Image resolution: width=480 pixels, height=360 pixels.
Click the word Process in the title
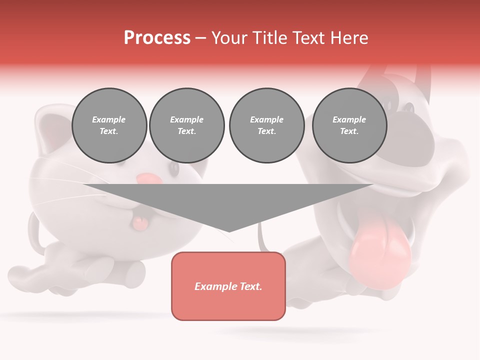(x=157, y=38)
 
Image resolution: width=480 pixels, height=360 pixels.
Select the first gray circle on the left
(x=109, y=125)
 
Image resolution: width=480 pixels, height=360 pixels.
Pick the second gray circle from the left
(x=187, y=125)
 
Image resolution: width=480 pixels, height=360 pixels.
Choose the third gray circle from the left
(x=266, y=125)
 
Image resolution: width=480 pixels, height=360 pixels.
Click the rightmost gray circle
(x=349, y=125)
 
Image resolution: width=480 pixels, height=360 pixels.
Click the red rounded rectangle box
(x=228, y=286)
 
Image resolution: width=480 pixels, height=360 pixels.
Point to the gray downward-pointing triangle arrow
(x=228, y=205)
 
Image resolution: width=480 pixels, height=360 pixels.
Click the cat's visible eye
(x=173, y=168)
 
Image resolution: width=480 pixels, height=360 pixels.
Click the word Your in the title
(x=228, y=38)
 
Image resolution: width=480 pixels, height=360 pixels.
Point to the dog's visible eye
(x=409, y=107)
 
